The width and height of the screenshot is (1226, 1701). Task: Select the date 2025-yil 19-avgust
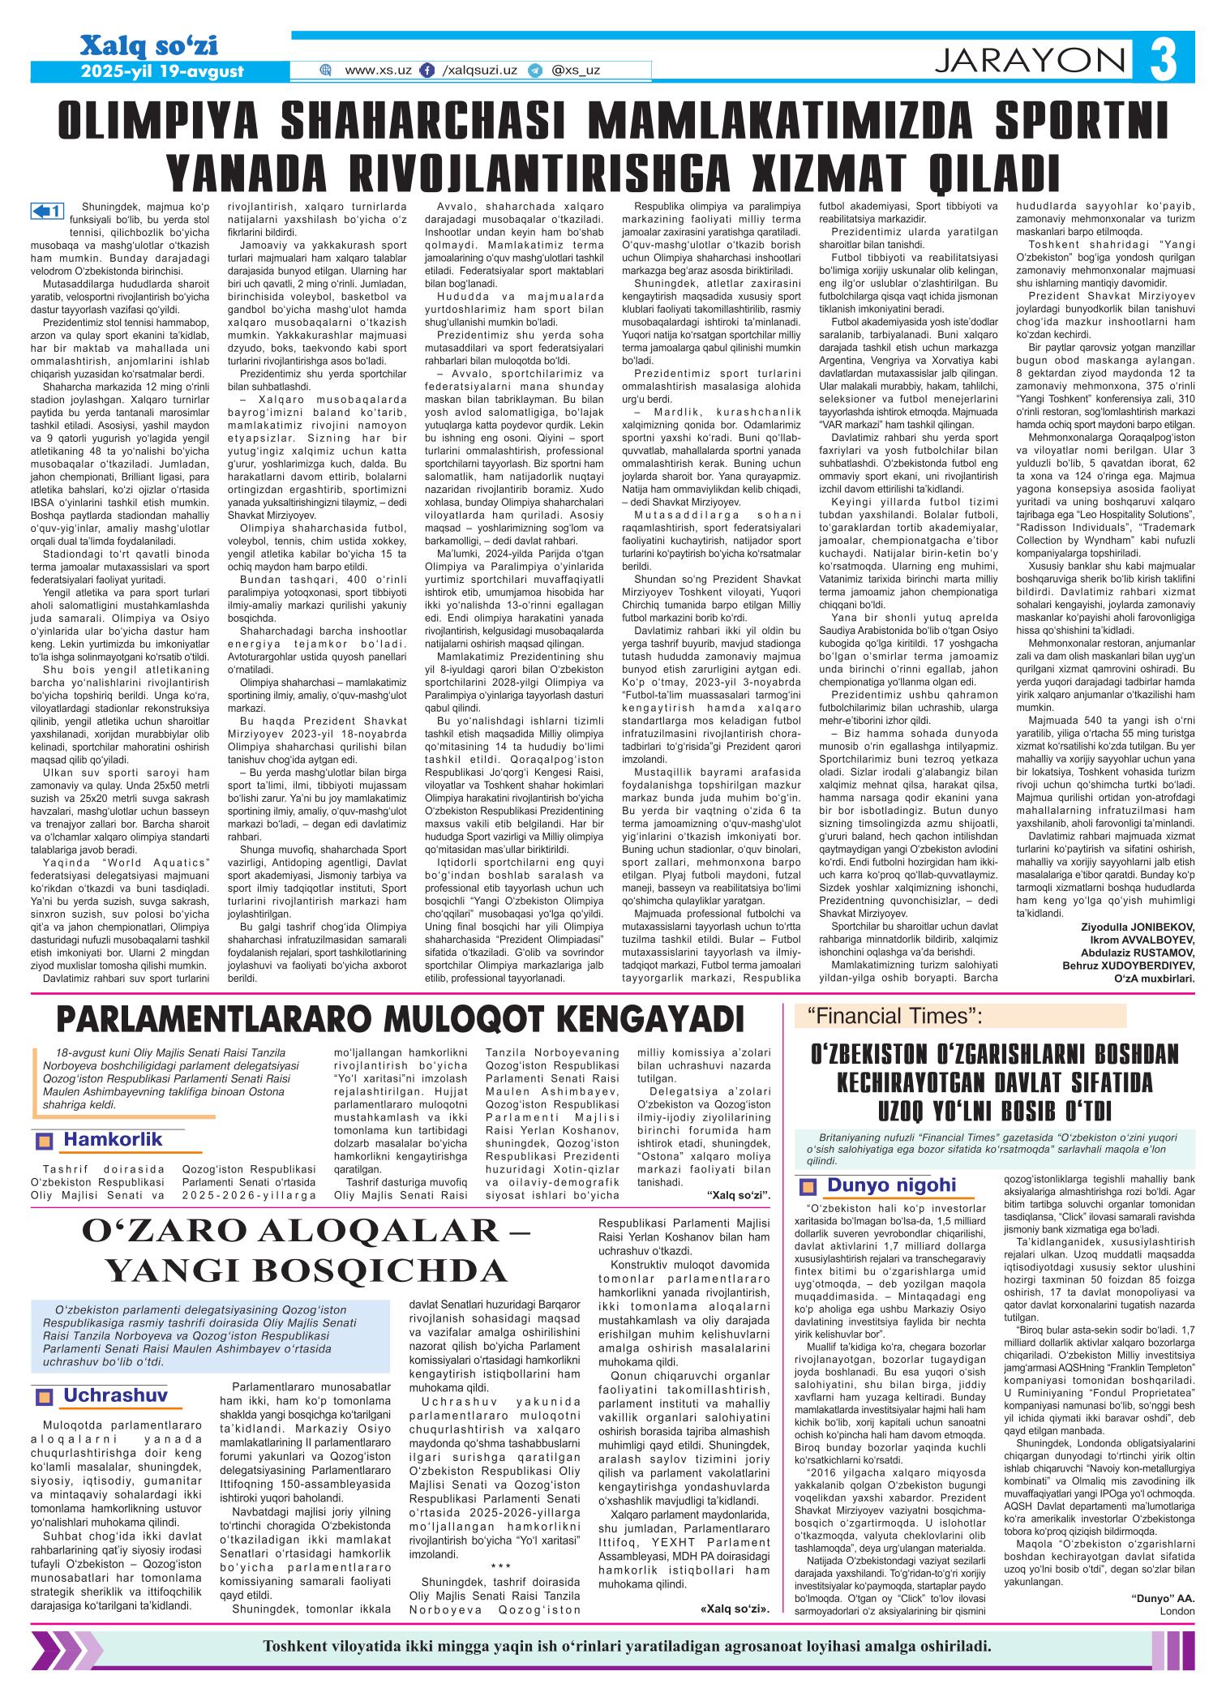point(162,71)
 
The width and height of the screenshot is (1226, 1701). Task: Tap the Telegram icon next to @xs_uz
point(534,71)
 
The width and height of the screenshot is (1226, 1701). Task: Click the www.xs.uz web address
point(378,71)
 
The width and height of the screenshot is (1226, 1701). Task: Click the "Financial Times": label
point(894,1014)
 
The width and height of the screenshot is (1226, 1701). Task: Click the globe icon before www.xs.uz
point(326,71)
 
